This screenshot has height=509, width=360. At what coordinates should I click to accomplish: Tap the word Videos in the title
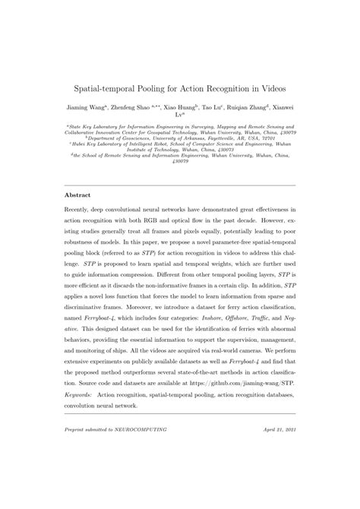(270, 89)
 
